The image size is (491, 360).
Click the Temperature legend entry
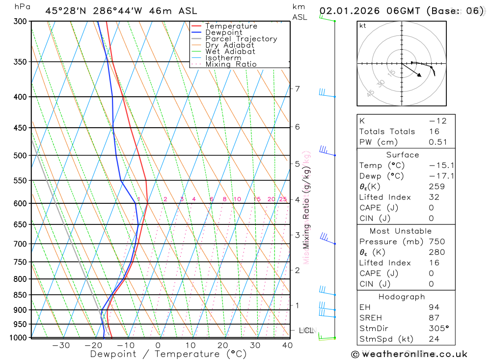pyautogui.click(x=231, y=27)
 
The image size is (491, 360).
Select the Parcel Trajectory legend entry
pyautogui.click(x=241, y=39)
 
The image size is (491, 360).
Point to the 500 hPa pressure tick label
pyautogui.click(x=20, y=156)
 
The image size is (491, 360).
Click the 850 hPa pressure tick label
pyautogui.click(x=20, y=295)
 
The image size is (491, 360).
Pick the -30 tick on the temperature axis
pyautogui.click(x=61, y=345)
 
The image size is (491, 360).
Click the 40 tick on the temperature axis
pyautogui.click(x=287, y=345)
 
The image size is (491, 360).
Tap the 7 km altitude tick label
pyautogui.click(x=297, y=89)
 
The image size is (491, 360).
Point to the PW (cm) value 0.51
pyautogui.click(x=437, y=142)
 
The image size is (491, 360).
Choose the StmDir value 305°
pyautogui.click(x=438, y=328)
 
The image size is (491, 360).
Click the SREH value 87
pyautogui.click(x=434, y=318)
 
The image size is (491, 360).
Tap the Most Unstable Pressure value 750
pyautogui.click(x=436, y=242)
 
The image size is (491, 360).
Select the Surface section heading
pyautogui.click(x=403, y=155)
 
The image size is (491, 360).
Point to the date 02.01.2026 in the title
pyautogui.click(x=346, y=11)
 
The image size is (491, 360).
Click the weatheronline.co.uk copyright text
pyautogui.click(x=409, y=354)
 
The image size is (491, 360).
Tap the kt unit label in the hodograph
pyautogui.click(x=363, y=26)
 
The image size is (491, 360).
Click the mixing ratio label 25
pyautogui.click(x=283, y=199)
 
